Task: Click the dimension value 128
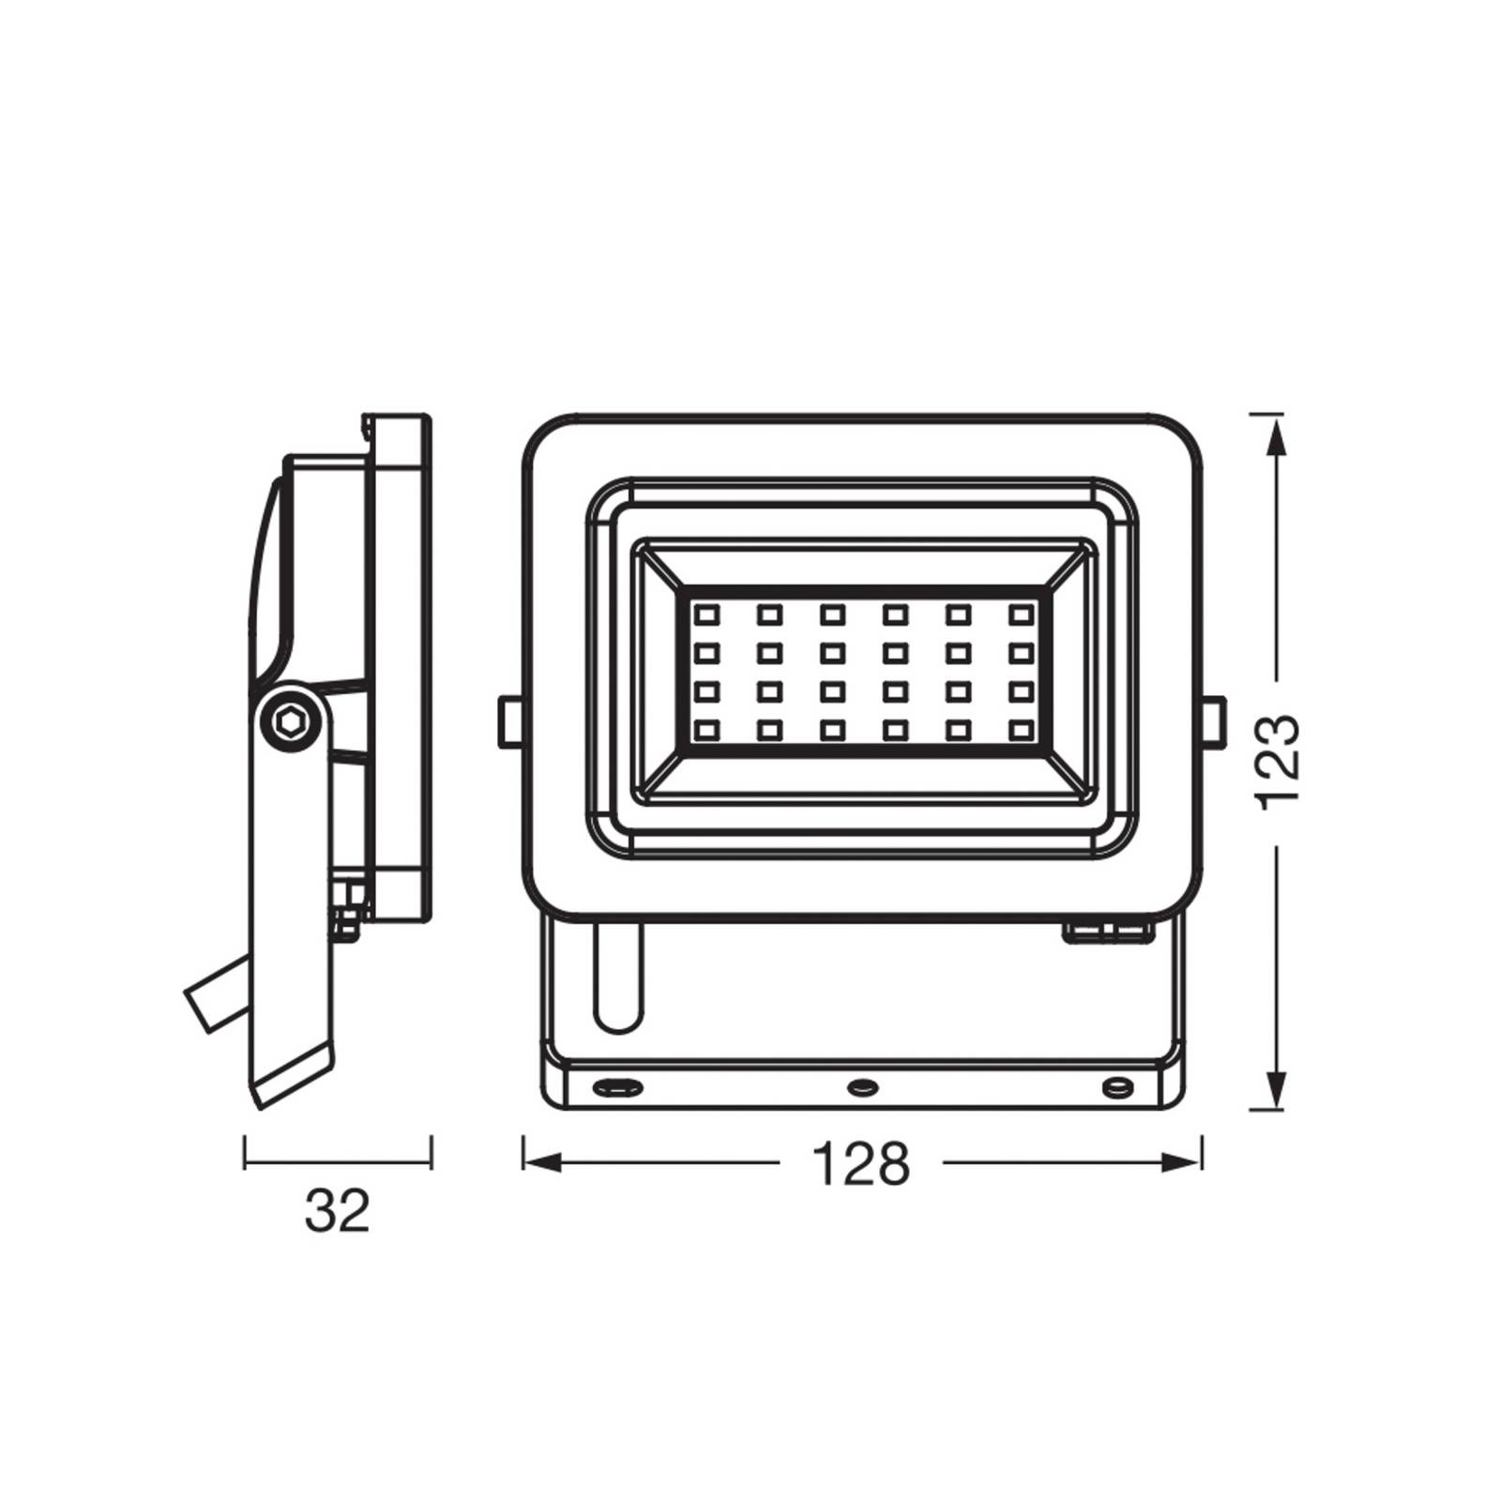pos(860,1164)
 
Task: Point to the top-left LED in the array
pos(705,615)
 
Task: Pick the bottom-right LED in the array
pos(1021,729)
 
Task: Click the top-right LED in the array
pos(1021,615)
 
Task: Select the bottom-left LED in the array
pos(705,729)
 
